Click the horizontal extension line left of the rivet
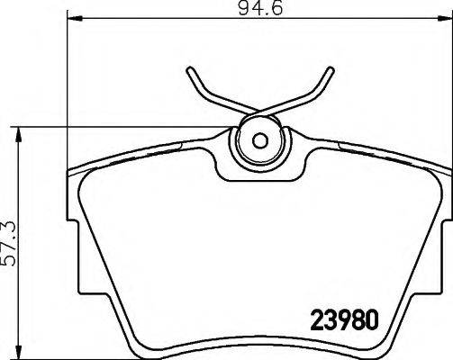click(x=135, y=130)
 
